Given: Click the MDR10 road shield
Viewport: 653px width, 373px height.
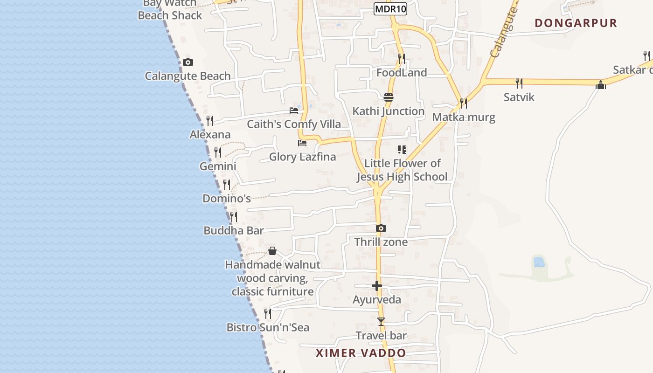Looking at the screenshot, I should point(390,9).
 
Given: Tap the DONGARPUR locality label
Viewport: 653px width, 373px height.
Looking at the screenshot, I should point(576,23).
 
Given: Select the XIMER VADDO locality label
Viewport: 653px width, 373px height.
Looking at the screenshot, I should point(361,353).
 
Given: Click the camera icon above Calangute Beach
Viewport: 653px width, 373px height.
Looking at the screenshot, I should point(188,62).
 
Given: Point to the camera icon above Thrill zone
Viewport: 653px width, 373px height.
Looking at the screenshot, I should point(381,228).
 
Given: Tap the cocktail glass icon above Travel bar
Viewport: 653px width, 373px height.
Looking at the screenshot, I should point(381,322).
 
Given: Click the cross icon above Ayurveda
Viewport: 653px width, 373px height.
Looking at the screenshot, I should point(377,286).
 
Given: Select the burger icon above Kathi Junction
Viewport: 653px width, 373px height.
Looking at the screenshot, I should point(389,97).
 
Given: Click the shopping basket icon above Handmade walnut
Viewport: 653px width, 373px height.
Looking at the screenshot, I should point(272,251).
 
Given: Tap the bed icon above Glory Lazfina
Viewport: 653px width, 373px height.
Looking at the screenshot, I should point(302,143).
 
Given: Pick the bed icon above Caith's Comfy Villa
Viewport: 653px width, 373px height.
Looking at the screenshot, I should point(294,111).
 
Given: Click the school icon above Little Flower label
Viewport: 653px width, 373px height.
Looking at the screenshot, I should point(402,150).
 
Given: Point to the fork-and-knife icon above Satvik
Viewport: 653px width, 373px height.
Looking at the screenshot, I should point(519,83).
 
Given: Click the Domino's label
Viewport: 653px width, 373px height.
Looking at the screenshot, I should point(226,199).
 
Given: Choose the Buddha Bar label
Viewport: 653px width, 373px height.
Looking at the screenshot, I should point(234,231).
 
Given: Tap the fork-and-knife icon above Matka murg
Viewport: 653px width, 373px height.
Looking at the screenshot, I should point(463,103).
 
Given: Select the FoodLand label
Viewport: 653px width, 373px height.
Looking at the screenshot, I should point(402,73).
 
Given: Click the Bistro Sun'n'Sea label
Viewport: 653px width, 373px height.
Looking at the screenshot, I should point(268,327).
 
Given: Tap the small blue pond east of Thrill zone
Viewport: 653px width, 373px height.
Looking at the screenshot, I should point(539,262).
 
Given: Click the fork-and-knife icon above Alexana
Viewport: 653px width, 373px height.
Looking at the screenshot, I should point(210,121).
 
